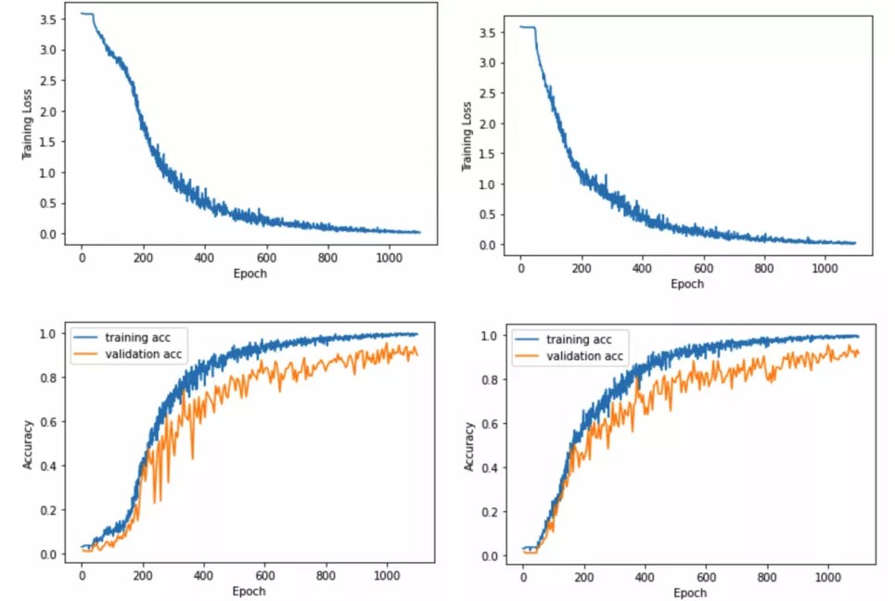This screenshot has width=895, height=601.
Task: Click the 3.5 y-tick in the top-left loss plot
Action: [x=49, y=19]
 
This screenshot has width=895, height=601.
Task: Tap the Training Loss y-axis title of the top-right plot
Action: [x=467, y=136]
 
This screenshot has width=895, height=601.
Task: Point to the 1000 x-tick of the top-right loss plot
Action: [x=825, y=269]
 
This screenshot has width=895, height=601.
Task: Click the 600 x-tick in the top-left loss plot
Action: [x=264, y=257]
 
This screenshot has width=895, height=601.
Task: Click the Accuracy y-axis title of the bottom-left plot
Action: [x=29, y=446]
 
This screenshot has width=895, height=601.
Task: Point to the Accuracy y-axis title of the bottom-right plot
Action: [x=469, y=447]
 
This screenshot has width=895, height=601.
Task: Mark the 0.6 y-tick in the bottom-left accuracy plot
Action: [x=49, y=422]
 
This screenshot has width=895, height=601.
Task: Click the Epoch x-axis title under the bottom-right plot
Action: [x=689, y=593]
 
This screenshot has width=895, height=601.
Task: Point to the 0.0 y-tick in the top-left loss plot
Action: [x=49, y=234]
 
